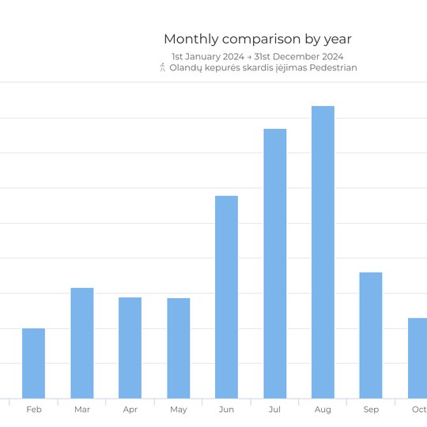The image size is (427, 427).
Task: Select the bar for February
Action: [x=33, y=363]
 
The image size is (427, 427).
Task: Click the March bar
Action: [x=82, y=343]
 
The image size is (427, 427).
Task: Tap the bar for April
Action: [x=130, y=348]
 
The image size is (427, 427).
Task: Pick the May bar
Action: [x=179, y=348]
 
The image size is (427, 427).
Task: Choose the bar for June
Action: [x=226, y=297]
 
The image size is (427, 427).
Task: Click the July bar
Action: [x=275, y=263]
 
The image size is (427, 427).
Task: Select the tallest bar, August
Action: [x=323, y=252]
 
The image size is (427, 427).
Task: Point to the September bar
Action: [x=371, y=335]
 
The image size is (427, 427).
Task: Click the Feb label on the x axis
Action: [x=34, y=410]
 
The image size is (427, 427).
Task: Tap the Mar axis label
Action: [x=82, y=410]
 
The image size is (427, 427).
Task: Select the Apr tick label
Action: [x=130, y=410]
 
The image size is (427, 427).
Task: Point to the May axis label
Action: [x=179, y=410]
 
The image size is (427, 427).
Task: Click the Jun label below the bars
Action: [x=226, y=410]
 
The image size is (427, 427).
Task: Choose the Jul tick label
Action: [x=274, y=410]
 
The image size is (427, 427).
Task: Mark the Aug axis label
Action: [x=323, y=410]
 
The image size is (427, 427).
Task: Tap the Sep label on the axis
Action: [x=371, y=410]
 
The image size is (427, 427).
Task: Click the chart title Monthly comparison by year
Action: [x=258, y=40]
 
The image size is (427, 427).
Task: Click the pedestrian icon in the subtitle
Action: [x=163, y=67]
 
